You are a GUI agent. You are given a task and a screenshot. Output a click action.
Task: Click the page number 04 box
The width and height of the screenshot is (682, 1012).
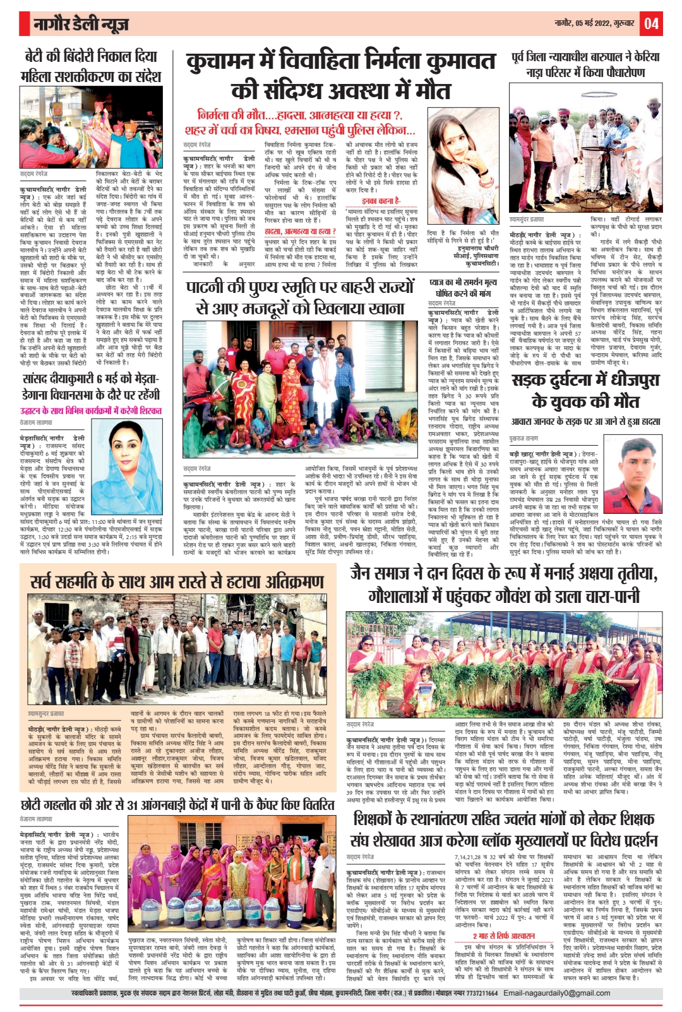tap(652, 24)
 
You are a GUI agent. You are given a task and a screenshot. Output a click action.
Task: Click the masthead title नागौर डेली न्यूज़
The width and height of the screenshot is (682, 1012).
tap(81, 25)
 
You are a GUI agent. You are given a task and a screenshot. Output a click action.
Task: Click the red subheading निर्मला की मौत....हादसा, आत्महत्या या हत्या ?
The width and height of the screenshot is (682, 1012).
tap(301, 116)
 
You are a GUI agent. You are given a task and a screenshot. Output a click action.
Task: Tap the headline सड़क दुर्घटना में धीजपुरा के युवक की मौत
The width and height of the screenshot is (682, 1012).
tap(585, 391)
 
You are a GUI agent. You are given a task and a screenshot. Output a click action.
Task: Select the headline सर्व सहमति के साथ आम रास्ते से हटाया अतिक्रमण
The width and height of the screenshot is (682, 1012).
tap(177, 582)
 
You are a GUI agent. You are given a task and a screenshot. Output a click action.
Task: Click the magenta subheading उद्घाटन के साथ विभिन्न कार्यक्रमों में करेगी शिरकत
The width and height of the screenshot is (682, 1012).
tap(91, 410)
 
